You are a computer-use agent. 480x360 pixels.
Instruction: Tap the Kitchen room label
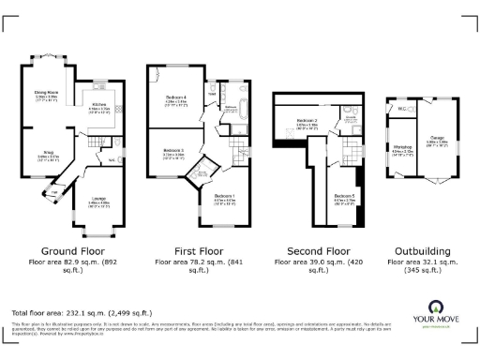pyautogui.click(x=98, y=104)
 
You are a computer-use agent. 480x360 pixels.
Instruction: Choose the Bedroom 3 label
pyautogui.click(x=173, y=150)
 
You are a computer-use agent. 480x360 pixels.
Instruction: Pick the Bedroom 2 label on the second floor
pyautogui.click(x=308, y=121)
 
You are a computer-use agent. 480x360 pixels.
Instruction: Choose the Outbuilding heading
pyautogui.click(x=422, y=251)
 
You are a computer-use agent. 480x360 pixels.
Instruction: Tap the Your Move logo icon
pyautogui.click(x=436, y=307)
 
